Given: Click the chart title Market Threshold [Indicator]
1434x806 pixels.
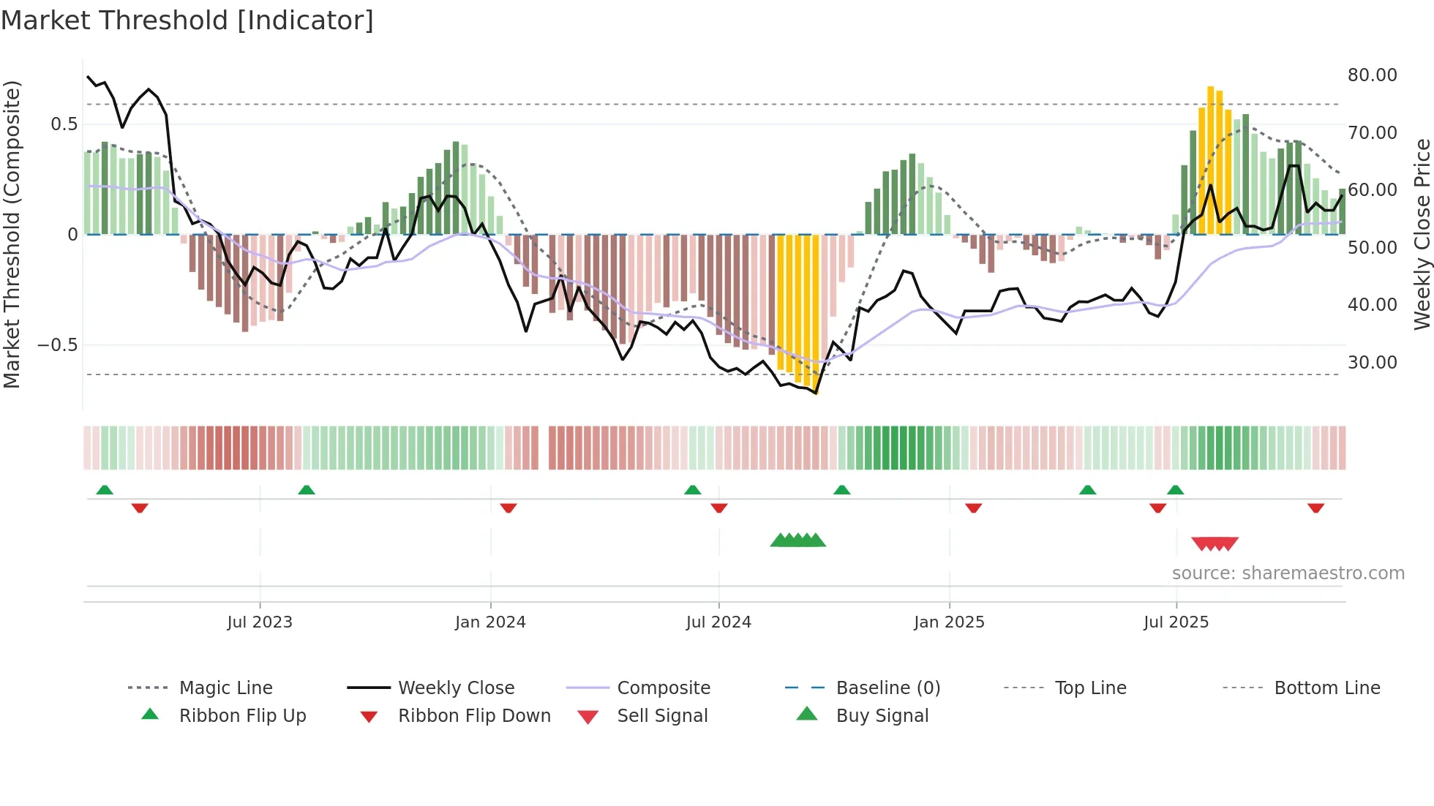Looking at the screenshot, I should click(187, 20).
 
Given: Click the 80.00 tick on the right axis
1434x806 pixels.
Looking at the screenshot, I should click(1372, 75).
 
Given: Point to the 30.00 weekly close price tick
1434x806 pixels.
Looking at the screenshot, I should click(1372, 363).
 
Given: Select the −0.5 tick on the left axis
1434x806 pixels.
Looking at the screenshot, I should click(58, 345).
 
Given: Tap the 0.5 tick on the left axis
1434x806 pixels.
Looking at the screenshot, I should click(64, 124).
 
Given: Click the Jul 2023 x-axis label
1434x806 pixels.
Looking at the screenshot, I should click(260, 622).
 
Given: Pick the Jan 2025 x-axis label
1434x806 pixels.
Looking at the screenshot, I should click(949, 622).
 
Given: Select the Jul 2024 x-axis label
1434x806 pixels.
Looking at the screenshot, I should click(718, 622).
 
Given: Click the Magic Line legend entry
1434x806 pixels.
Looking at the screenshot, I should click(225, 688).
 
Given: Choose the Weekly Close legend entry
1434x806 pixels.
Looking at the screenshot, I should click(456, 688).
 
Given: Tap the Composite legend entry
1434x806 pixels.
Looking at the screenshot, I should click(664, 688).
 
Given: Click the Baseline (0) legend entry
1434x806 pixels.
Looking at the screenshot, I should click(887, 688).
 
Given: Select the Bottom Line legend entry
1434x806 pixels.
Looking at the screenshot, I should click(1326, 688).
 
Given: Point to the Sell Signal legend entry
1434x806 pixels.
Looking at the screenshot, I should click(662, 716).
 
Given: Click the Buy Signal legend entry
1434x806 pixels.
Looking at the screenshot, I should click(882, 716).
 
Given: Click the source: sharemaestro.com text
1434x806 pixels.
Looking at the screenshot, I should click(1288, 573).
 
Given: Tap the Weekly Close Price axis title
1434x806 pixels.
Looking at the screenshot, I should click(1422, 234).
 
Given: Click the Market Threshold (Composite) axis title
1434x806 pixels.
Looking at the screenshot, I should click(12, 234).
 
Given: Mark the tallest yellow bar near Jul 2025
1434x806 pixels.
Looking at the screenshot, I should click(1211, 161).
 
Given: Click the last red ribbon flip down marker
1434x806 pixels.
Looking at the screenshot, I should click(1315, 508).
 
